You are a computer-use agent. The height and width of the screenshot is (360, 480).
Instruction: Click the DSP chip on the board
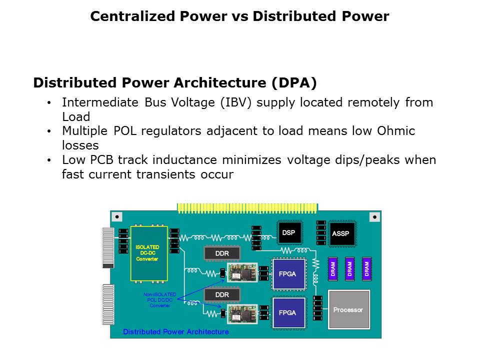pos(288,233)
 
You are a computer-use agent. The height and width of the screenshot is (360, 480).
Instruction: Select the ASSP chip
pos(340,233)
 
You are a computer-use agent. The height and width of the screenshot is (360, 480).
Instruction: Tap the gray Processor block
pos(348,309)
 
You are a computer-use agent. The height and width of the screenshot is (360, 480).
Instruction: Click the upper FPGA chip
pos(287,274)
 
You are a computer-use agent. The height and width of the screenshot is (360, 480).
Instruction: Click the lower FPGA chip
pos(287,312)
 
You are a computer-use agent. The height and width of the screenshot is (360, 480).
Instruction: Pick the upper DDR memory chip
pos(222,254)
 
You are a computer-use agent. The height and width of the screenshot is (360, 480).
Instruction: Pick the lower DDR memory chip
pos(222,295)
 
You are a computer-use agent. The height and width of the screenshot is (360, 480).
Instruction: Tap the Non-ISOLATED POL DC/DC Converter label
pos(159,300)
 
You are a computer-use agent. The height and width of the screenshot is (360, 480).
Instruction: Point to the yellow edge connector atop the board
pos(247,207)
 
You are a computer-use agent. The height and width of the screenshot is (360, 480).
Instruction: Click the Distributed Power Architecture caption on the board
pos(176,332)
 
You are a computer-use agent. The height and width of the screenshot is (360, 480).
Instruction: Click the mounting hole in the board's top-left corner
pos(116,217)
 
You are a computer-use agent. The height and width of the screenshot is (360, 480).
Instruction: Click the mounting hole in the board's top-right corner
pos(374,216)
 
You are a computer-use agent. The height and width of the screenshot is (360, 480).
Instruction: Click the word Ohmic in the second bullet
pos(395,131)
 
